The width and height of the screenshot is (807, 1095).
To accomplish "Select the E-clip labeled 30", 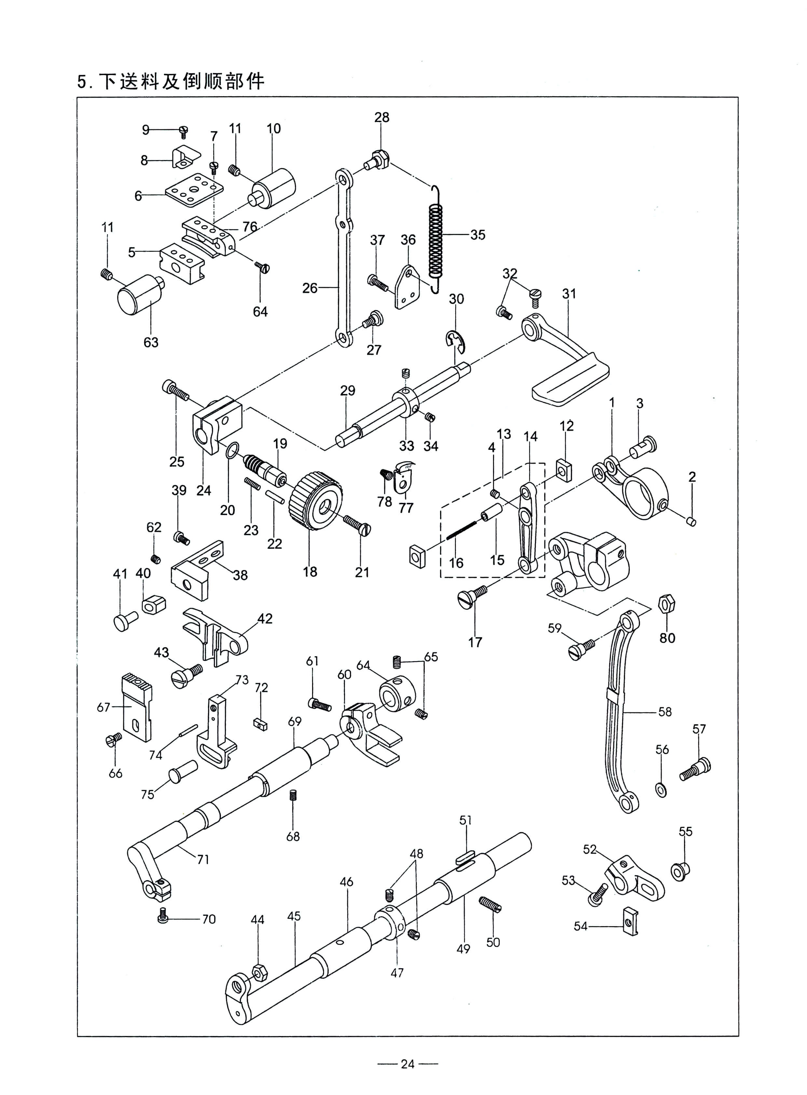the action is (x=456, y=340).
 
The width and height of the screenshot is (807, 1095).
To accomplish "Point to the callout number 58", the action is (x=665, y=711).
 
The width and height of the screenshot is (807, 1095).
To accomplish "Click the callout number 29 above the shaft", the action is (x=348, y=390).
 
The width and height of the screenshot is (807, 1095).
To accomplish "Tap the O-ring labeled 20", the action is (x=232, y=450).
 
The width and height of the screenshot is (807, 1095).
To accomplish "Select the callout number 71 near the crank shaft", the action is (x=203, y=859).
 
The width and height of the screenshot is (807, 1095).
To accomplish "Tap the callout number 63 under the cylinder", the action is (x=151, y=342).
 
